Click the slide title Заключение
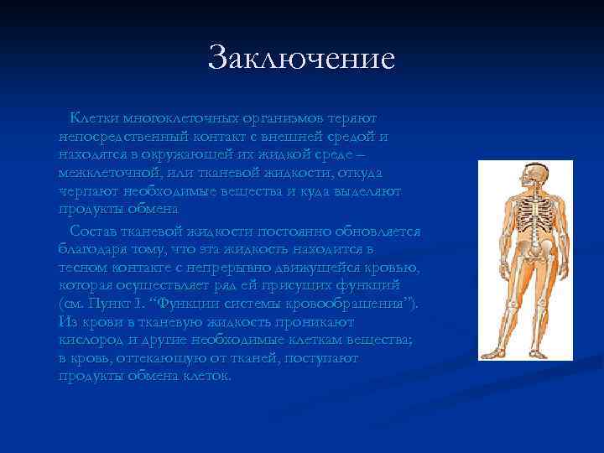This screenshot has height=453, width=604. click(x=301, y=59)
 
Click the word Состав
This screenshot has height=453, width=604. click(x=94, y=231)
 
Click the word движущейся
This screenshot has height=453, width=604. click(x=325, y=268)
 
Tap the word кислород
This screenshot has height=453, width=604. click(x=91, y=340)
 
